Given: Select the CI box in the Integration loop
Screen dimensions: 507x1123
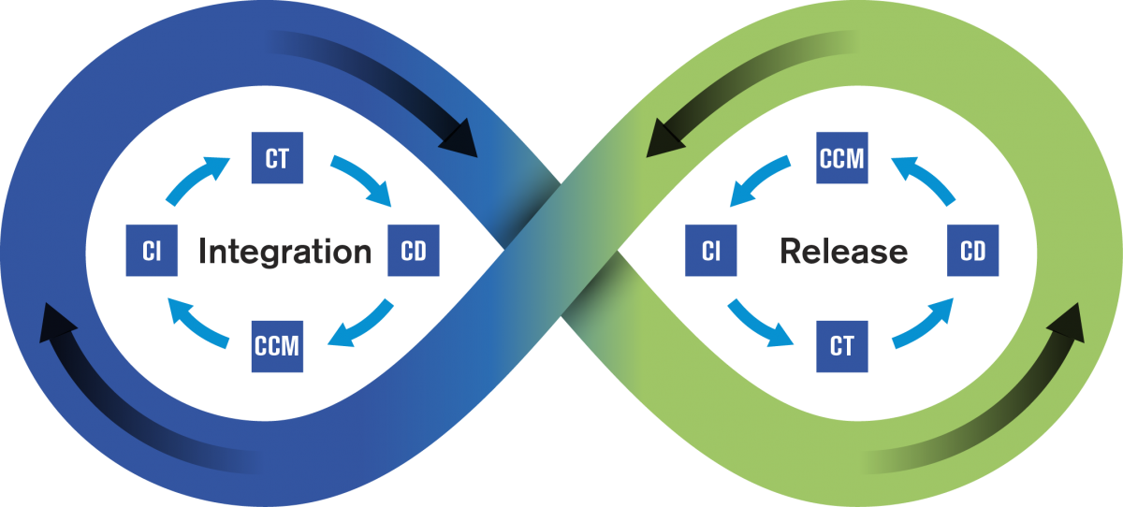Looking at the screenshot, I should [152, 252].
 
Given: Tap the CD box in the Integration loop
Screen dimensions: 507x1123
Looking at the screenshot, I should [413, 252].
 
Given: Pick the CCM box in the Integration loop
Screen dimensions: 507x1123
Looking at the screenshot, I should [277, 345].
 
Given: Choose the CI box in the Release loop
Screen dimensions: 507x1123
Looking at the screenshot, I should [710, 252].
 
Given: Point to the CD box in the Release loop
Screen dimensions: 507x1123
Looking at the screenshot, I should [972, 252].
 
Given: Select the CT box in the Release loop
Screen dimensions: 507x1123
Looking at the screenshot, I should [841, 345].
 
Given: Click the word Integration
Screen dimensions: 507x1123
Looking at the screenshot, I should [284, 252].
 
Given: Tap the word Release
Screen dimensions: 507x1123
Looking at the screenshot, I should [843, 252].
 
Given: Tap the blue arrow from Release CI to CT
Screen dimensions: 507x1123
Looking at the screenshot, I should [759, 323].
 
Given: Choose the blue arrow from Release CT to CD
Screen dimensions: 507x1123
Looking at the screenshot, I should [924, 323].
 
